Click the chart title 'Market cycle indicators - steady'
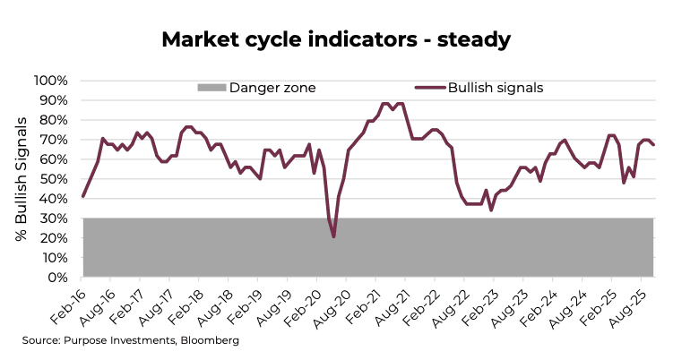point(336,39)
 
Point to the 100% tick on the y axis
point(50,81)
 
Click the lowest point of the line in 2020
point(334,236)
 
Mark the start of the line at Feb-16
point(83,196)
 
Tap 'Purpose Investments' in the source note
point(121,341)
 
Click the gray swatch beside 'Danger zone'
point(211,88)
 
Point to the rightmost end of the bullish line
point(653,144)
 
